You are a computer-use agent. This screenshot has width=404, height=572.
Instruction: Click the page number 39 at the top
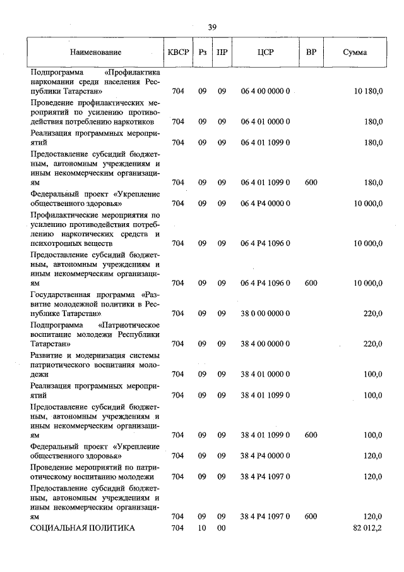[x=212, y=27]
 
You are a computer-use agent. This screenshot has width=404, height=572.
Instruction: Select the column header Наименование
[x=95, y=52]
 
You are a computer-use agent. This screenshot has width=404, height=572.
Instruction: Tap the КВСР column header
[x=178, y=52]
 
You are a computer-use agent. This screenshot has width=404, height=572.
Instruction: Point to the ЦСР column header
[x=264, y=52]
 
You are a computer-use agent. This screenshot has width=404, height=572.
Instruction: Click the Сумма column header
[x=355, y=52]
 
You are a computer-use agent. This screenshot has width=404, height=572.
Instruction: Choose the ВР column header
[x=311, y=52]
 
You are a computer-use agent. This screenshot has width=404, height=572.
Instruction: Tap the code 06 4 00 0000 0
[x=264, y=92]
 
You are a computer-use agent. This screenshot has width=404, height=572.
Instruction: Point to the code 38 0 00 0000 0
[x=264, y=313]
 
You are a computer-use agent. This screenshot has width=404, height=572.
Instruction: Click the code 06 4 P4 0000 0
[x=264, y=204]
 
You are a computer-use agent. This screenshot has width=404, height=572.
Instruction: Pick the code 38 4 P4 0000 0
[x=264, y=455]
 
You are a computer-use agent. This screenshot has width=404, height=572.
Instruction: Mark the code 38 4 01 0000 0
[x=264, y=374]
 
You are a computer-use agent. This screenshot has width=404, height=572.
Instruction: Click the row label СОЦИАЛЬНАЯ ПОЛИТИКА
[x=83, y=528]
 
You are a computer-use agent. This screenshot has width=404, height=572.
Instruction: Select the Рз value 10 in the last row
[x=203, y=528]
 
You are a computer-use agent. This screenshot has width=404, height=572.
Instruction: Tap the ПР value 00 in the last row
[x=222, y=528]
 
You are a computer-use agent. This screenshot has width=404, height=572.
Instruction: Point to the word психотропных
[x=55, y=243]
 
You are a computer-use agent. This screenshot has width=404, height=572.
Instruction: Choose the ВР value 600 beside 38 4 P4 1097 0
[x=311, y=516]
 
